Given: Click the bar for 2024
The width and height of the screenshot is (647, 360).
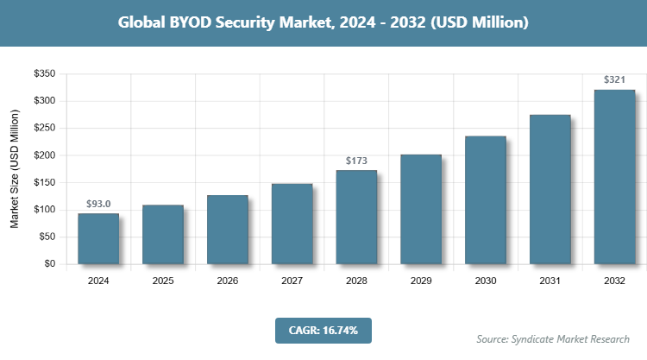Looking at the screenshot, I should [x=98, y=238].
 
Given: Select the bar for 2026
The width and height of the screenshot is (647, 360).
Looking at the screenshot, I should [x=228, y=230].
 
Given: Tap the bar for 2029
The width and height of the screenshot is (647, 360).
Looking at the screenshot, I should [x=421, y=209].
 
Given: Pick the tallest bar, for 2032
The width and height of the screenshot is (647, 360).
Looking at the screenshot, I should [x=614, y=177].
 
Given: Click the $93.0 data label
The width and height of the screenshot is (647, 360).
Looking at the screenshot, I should [x=98, y=204].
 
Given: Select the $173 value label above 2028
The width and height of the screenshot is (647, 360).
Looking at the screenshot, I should [x=356, y=161].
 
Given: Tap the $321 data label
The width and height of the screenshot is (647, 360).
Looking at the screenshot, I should [x=614, y=80].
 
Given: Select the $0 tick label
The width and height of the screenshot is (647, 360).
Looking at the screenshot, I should [x=49, y=264].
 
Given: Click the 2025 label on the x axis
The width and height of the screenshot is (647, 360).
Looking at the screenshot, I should [x=163, y=281].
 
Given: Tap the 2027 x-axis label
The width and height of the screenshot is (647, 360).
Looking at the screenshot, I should [x=292, y=281].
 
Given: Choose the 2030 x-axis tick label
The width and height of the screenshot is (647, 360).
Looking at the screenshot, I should [x=486, y=281].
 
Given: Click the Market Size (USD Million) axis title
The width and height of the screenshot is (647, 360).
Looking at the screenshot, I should [x=15, y=169].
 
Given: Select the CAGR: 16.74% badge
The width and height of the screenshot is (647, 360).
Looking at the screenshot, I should [x=323, y=330].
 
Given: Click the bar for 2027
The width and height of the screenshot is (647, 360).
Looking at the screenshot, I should [x=292, y=224].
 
